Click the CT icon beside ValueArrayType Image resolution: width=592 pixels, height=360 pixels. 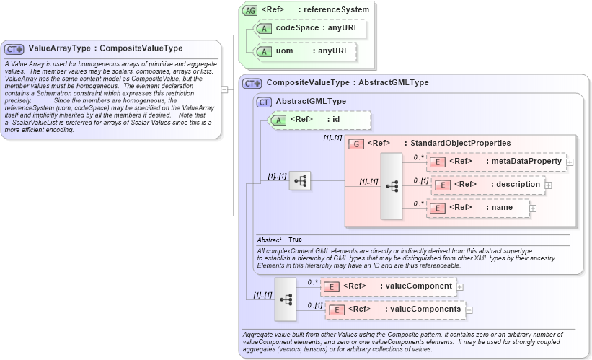(14, 49)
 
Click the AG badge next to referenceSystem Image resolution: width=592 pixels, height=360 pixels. (249, 10)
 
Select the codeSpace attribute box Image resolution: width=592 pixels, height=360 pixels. (311, 28)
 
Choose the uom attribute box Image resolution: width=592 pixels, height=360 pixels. (311, 52)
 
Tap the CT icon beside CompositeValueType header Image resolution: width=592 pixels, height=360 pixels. (252, 83)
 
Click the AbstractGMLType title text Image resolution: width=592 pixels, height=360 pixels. (311, 102)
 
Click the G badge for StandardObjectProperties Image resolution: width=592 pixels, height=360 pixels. (355, 143)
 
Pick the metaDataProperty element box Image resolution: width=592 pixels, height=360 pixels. (497, 162)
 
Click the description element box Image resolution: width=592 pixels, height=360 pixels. (487, 185)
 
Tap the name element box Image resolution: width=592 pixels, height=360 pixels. (479, 208)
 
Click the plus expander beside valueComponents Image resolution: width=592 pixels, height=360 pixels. (469, 310)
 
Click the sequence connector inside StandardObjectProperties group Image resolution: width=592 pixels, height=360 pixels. (392, 185)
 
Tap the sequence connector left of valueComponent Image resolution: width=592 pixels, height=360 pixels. (286, 298)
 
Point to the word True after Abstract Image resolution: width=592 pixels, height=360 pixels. (296, 240)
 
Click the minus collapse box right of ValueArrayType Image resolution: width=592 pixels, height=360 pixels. (224, 89)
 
